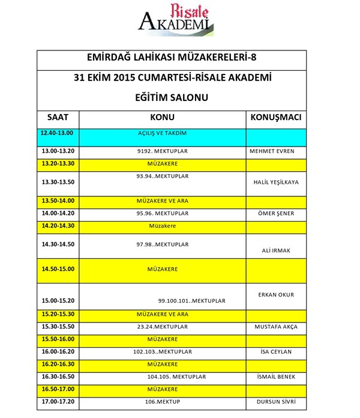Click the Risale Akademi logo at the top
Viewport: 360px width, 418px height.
176,20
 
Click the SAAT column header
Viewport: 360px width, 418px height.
58,117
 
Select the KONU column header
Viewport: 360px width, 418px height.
162,117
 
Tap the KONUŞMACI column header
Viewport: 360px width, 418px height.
275,117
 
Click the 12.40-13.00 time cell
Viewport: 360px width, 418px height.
57,133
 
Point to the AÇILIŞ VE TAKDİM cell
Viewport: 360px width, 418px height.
162,133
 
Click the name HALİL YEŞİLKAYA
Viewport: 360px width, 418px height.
275,183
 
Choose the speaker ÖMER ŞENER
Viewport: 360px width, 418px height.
275,213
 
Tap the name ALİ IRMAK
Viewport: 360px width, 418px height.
275,250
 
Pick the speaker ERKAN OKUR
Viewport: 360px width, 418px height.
275,295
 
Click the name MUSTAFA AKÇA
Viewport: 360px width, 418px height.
275,327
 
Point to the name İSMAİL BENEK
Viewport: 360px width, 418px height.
275,377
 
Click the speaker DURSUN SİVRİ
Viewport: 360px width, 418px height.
275,402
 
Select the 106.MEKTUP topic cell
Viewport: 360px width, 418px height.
163,402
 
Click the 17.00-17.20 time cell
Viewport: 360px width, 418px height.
57,402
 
